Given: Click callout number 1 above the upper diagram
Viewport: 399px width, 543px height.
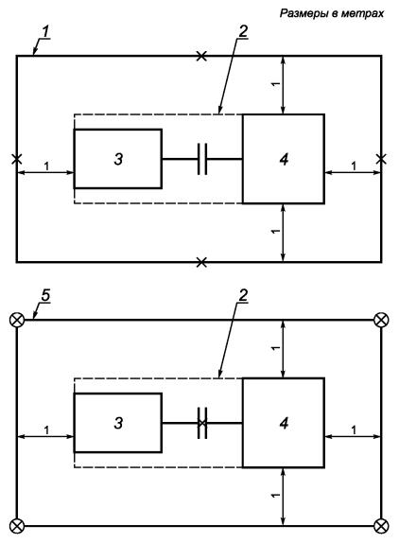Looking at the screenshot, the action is [x=46, y=32].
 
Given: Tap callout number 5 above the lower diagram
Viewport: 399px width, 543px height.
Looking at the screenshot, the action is [x=45, y=296].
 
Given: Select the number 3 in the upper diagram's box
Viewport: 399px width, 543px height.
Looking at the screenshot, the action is [x=118, y=159].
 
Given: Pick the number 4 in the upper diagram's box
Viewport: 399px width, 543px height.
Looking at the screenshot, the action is [x=284, y=159].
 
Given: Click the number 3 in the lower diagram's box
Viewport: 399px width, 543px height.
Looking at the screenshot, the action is [x=118, y=423].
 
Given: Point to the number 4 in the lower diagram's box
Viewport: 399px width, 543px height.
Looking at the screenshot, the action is [x=284, y=423].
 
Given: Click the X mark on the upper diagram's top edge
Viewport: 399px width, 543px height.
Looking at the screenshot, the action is [x=201, y=56].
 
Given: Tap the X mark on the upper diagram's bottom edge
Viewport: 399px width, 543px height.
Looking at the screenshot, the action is [x=201, y=262].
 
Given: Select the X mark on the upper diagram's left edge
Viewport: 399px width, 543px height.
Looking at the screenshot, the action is [x=16, y=159].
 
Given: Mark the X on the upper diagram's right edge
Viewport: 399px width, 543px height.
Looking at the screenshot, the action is [x=381, y=159].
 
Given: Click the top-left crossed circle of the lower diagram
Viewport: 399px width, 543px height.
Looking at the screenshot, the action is [x=17, y=320].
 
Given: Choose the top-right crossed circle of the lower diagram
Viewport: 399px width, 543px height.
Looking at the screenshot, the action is [x=381, y=320].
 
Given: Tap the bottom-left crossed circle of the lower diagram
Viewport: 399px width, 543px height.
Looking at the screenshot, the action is [x=17, y=526].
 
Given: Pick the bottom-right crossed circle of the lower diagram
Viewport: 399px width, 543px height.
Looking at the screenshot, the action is [x=381, y=526].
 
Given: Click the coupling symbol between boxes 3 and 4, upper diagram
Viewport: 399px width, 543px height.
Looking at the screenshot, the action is [x=202, y=159].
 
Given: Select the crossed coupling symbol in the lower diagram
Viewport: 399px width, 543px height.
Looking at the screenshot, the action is [x=202, y=423].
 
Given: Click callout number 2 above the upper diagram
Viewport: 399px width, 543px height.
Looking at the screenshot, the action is [x=243, y=32].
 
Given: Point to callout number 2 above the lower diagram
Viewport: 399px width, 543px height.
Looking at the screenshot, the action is [x=243, y=296].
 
